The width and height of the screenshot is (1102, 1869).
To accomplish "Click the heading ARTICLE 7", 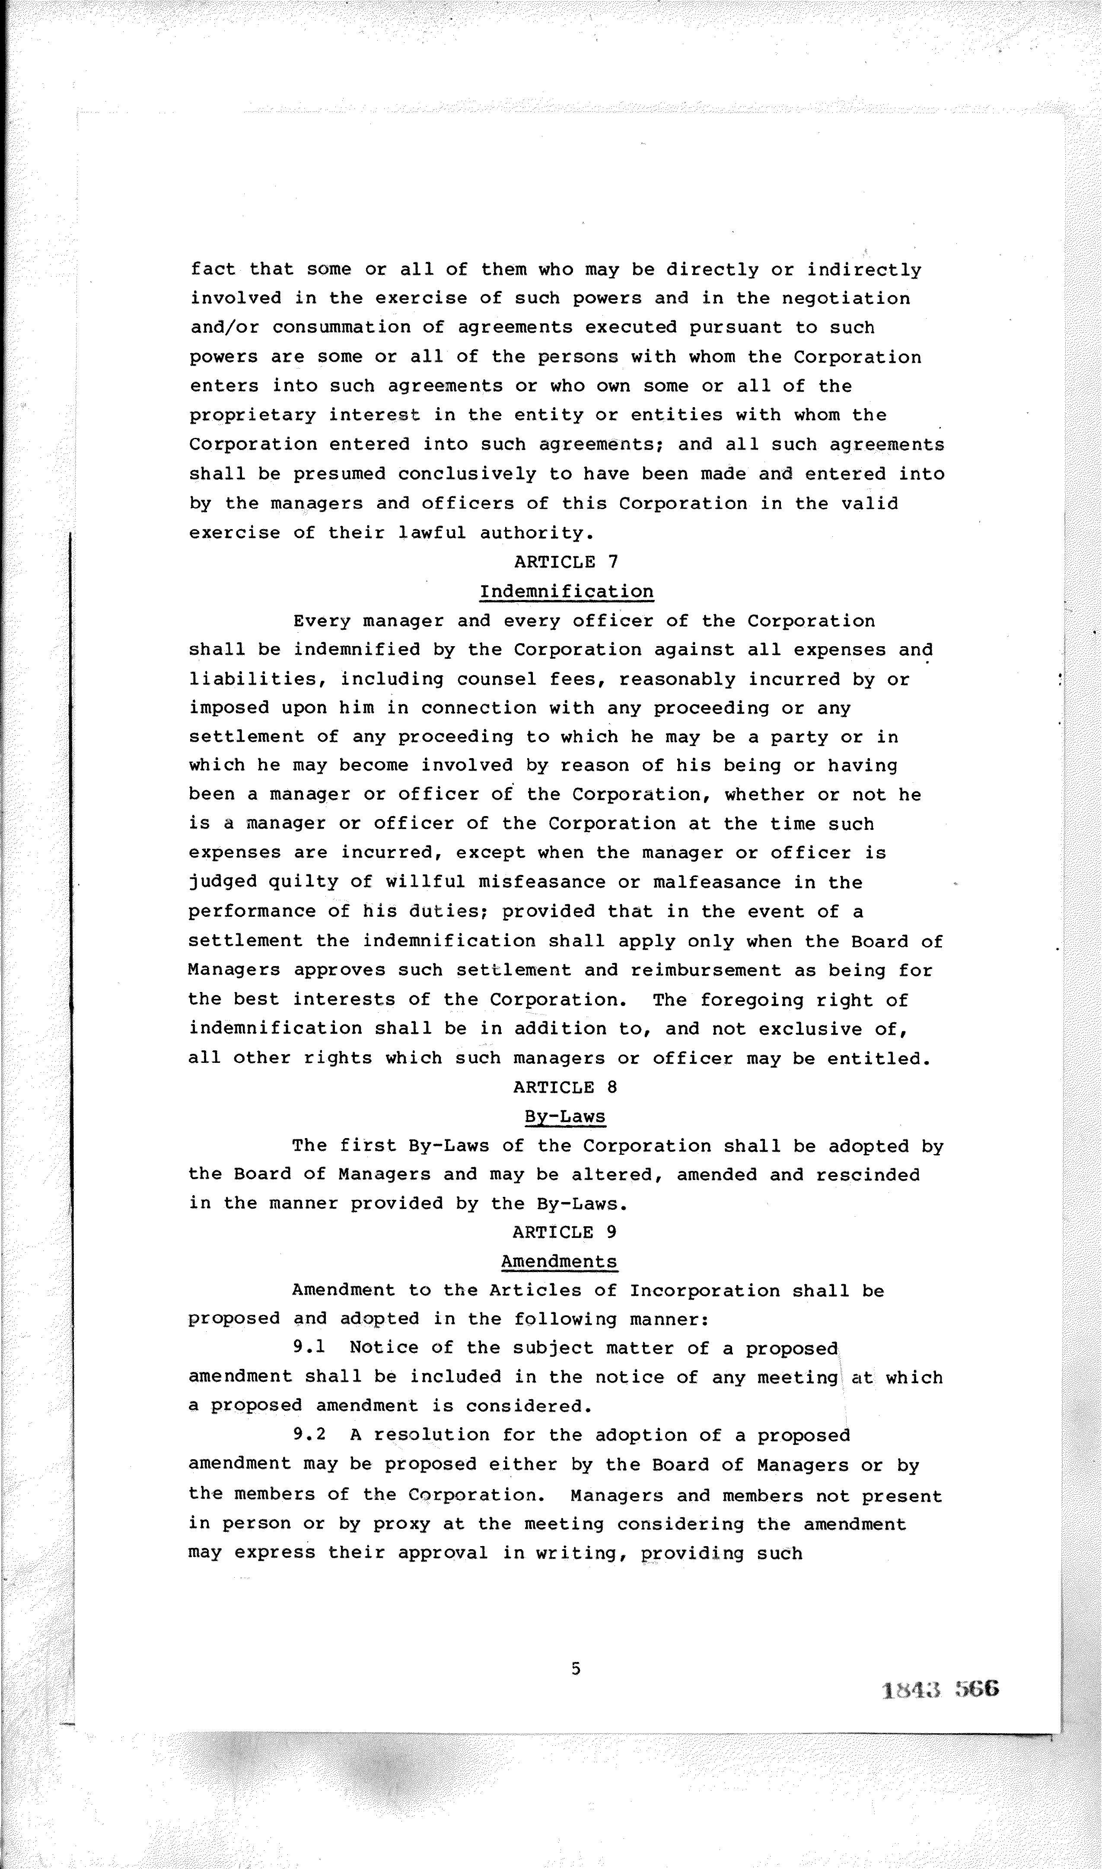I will coord(566,562).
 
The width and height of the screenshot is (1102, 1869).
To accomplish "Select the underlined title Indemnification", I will coord(566,592).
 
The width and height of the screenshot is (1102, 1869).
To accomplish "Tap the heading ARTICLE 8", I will coord(565,1087).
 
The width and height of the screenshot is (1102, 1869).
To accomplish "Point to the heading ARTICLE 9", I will coord(564,1232).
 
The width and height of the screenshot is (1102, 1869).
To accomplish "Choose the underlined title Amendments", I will coord(558,1262).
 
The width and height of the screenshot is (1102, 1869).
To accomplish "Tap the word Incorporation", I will coord(705,1291).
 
